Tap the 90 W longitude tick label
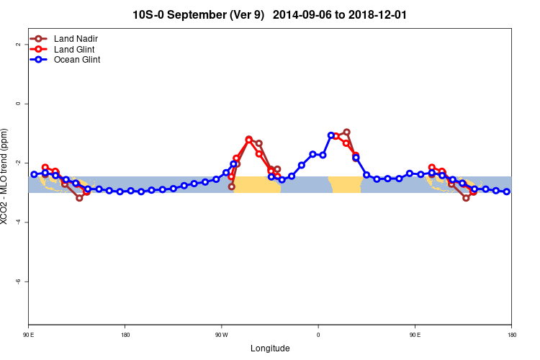click(x=221, y=335)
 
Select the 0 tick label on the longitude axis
click(x=318, y=335)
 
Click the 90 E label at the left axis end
click(x=28, y=335)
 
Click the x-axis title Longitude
click(x=270, y=348)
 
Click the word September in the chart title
click(x=204, y=14)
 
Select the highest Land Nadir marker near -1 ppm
click(x=346, y=132)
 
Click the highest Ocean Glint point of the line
click(x=331, y=135)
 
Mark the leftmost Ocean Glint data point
click(x=34, y=174)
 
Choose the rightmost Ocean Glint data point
click(x=507, y=192)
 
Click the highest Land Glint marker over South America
click(x=248, y=140)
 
